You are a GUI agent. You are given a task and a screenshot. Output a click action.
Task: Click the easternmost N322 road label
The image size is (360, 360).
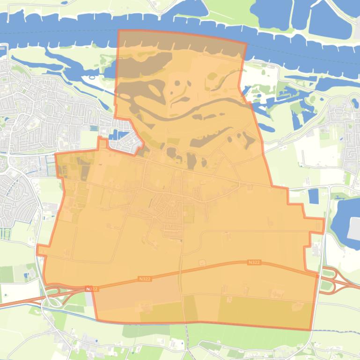(x=254, y=262)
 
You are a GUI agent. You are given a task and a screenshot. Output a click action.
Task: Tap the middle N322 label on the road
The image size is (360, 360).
(x=145, y=279)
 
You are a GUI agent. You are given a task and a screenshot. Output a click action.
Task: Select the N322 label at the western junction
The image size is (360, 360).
(x=92, y=289)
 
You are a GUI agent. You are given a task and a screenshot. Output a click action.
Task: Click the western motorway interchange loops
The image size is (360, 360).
(x=54, y=295)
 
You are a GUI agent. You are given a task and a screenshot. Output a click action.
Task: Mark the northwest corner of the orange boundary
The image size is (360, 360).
(x=119, y=31)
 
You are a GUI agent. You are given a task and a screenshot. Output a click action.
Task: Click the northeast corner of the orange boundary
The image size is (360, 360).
(x=246, y=44)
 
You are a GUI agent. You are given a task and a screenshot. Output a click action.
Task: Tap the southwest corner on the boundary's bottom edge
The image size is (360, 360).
(x=97, y=320)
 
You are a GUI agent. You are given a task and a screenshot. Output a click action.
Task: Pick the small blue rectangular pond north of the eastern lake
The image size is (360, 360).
(x=313, y=196)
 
